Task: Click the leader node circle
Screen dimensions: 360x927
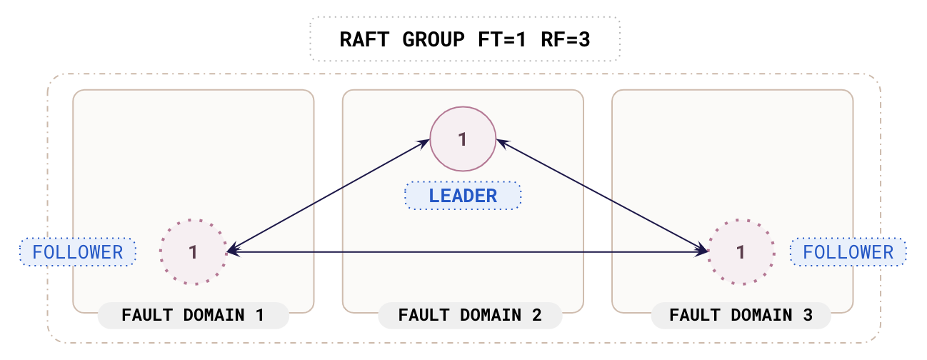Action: point(463,139)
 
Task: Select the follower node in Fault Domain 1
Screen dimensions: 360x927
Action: point(193,251)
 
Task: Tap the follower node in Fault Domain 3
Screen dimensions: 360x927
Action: point(741,251)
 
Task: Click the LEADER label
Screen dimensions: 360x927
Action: point(463,196)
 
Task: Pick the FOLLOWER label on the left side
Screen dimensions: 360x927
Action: point(78,252)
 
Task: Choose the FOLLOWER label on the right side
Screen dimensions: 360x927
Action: point(848,252)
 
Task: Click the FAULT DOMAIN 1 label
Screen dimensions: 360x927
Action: point(193,315)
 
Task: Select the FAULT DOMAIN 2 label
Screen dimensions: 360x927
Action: point(469,315)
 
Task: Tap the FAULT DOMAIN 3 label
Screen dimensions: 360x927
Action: point(741,315)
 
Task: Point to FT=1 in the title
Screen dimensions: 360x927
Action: point(501,39)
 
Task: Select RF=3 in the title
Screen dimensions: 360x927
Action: point(565,39)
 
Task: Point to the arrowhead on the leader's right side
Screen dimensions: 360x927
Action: point(501,144)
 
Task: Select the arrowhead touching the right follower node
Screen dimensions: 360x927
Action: point(703,251)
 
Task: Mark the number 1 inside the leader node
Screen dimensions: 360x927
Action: point(463,139)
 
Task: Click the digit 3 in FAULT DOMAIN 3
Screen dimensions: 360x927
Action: point(807,315)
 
